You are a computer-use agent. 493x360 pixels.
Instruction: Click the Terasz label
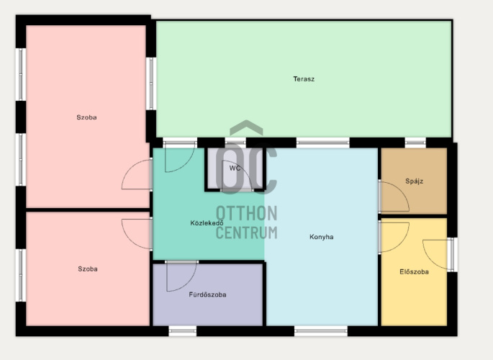coord(304,79)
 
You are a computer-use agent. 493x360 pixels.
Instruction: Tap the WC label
coord(235,168)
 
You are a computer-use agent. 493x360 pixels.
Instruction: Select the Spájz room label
coord(414,181)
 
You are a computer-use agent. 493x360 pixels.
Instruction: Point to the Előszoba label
coord(414,271)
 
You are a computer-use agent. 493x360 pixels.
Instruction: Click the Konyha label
coord(321,237)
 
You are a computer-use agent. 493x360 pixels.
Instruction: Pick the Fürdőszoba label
coord(207,294)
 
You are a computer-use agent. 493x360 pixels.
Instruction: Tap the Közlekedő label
coord(207,223)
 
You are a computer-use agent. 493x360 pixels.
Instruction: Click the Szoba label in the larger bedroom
coord(86,117)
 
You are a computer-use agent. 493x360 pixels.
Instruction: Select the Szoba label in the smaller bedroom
coord(88,269)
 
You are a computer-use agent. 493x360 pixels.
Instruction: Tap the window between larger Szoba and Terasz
coord(151,84)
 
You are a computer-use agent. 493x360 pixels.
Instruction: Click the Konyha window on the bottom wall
coord(321,330)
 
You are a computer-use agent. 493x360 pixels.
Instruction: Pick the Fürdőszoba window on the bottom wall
coord(183,330)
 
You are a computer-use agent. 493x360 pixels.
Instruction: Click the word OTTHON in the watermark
coord(246,213)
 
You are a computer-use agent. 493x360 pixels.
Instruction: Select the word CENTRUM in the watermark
coord(246,233)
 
